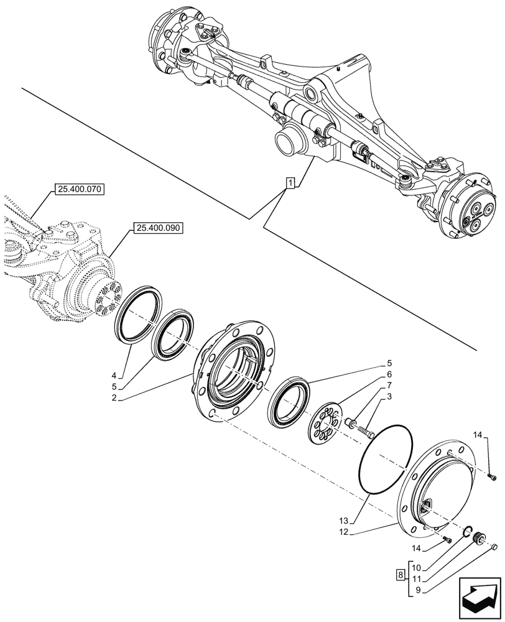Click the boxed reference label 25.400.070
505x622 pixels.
81,188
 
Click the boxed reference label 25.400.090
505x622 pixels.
156,228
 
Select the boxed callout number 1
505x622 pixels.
290,182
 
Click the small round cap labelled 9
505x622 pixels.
495,547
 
